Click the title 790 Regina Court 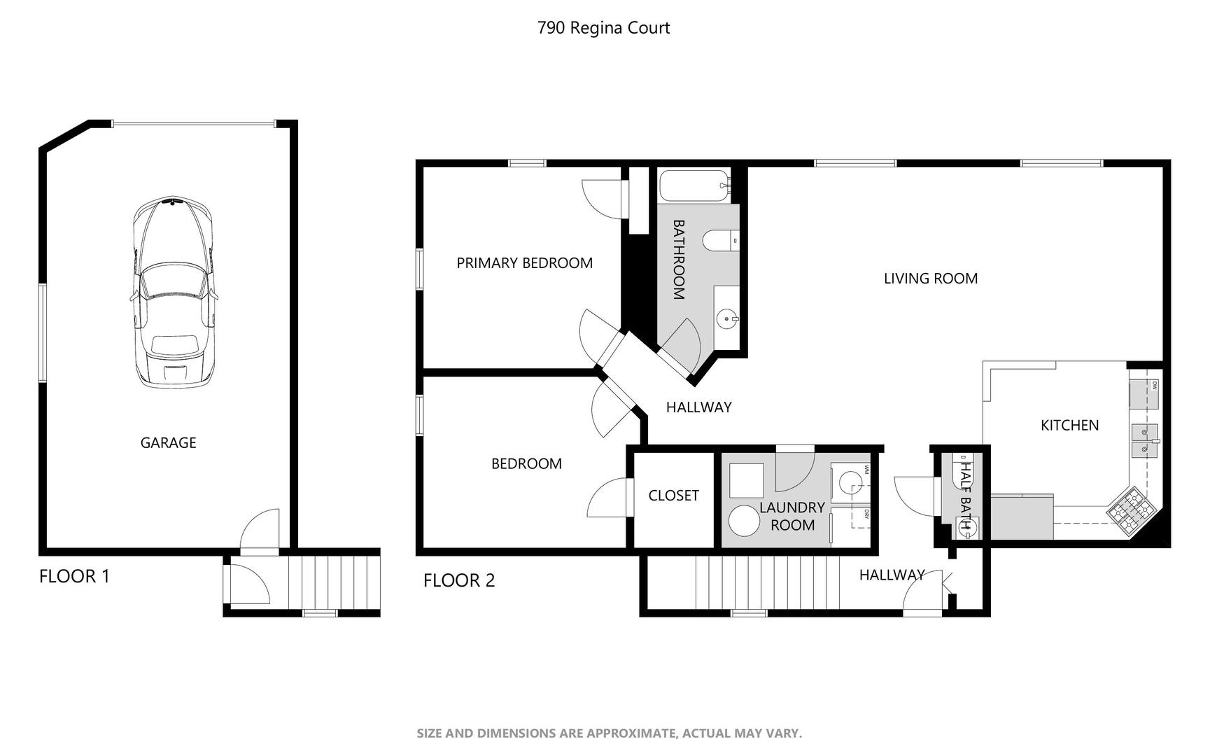[603, 28]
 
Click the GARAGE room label [168, 442]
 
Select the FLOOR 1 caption [74, 577]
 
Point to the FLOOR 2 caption [459, 580]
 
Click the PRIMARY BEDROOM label [524, 263]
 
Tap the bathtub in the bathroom [694, 185]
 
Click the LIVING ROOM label [930, 279]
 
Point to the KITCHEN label [1069, 425]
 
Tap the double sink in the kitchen [1144, 440]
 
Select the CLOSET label [673, 496]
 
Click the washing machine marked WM [850, 479]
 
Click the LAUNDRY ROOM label [792, 516]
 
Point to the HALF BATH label [967, 494]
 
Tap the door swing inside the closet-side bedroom [610, 498]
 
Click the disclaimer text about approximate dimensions [609, 734]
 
